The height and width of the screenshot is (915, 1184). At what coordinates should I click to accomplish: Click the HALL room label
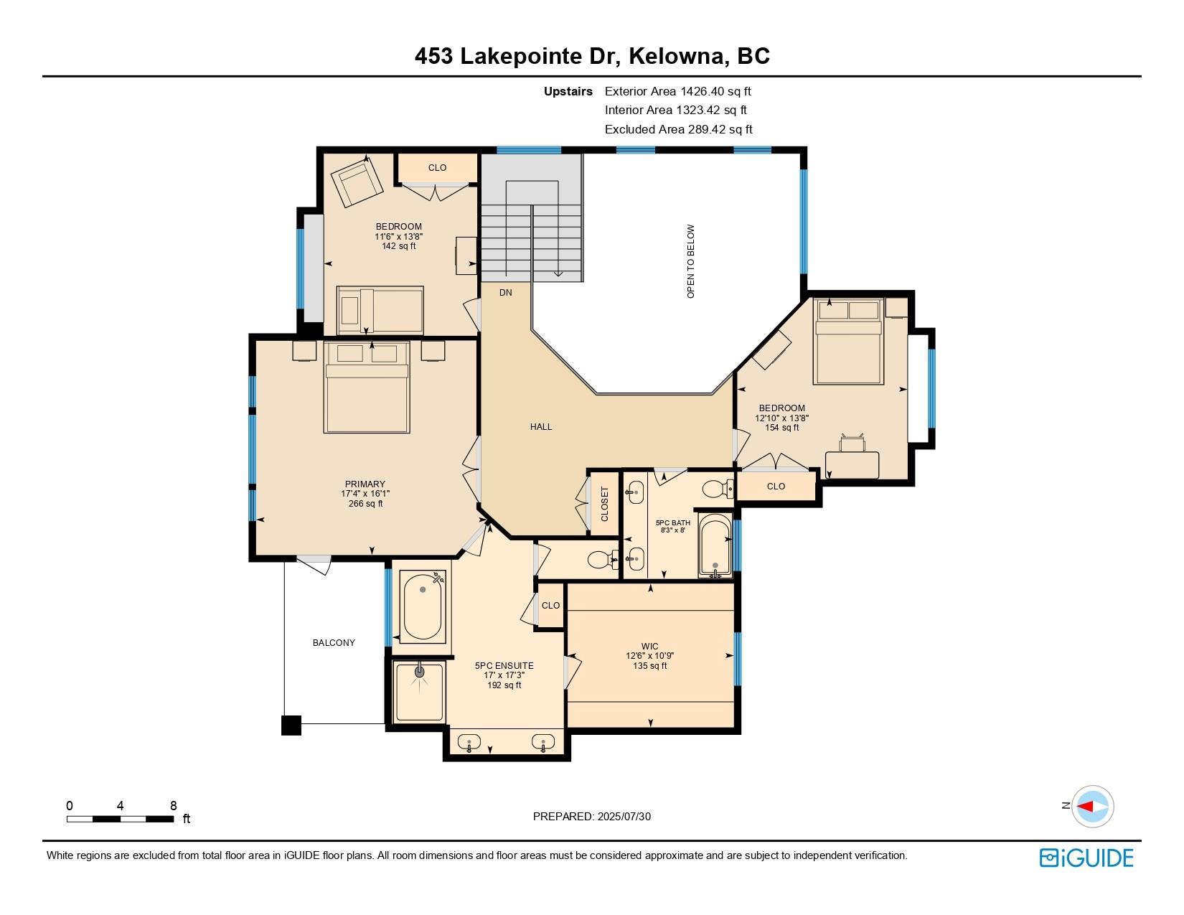click(541, 427)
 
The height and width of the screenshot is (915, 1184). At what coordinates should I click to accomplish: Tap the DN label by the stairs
click(506, 292)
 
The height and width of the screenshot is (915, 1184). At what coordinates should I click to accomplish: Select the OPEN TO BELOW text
click(691, 261)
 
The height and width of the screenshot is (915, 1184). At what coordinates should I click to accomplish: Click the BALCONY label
click(334, 643)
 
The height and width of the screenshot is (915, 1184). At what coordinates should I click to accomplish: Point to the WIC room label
click(650, 647)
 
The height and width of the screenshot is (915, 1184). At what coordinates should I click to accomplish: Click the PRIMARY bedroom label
click(365, 484)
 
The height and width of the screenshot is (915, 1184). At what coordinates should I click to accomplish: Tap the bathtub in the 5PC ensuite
click(422, 606)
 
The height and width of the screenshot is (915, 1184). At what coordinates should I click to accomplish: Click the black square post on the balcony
click(291, 726)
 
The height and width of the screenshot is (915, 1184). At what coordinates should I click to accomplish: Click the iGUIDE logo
click(1086, 858)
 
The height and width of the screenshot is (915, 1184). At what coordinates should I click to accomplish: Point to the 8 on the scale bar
click(173, 806)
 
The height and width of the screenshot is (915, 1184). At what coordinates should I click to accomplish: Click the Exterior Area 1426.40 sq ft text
click(677, 91)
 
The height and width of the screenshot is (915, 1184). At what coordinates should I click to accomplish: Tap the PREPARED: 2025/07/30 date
click(592, 816)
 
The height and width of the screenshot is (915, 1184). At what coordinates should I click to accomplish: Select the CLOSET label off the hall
click(604, 504)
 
